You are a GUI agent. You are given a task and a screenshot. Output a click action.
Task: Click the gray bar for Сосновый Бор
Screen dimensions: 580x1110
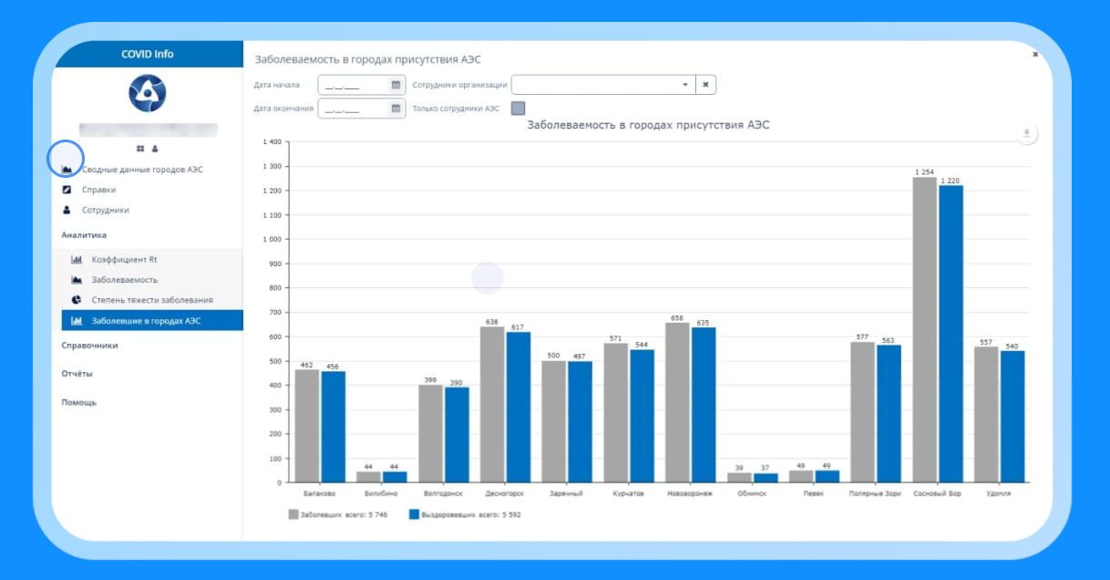[x=925, y=328]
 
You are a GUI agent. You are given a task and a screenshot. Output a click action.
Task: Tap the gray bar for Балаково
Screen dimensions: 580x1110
[x=307, y=425]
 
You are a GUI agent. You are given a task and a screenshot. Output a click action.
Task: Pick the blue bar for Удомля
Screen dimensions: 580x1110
[x=1012, y=416]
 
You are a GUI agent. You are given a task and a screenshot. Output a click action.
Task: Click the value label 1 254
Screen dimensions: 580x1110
[x=924, y=172]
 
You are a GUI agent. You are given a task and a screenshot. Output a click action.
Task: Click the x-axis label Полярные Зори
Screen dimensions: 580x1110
[x=874, y=493]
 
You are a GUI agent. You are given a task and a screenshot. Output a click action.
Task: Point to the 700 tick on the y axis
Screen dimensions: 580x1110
[x=272, y=313]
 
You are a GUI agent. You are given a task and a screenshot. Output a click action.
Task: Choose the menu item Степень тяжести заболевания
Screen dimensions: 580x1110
[x=151, y=300]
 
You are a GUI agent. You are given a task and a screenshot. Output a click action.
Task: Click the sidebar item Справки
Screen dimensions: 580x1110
[x=98, y=190]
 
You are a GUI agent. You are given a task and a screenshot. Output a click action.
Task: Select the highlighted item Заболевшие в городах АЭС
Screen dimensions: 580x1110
[x=146, y=321]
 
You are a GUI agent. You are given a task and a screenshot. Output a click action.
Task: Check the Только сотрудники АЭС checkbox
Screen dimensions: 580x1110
[x=518, y=109]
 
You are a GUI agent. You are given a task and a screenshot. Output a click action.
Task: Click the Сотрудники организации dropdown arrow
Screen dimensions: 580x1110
[x=684, y=85]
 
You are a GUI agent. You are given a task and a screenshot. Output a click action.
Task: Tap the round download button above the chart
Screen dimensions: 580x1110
[x=1026, y=134]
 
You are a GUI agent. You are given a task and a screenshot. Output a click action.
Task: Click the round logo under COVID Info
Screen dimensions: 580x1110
[x=147, y=93]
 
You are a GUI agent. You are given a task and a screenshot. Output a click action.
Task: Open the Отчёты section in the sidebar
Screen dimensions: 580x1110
[x=77, y=374]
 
